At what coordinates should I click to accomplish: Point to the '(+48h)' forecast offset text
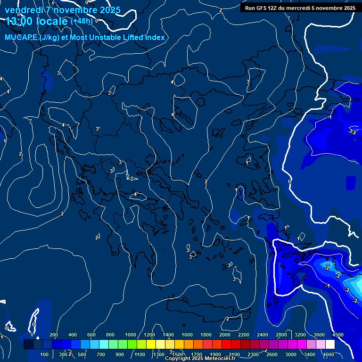point(81,21)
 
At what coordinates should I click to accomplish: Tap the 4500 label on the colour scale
point(337,335)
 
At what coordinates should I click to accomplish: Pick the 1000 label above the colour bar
point(130,335)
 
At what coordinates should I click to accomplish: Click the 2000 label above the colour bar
point(225,335)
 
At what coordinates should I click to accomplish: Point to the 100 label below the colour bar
point(44,354)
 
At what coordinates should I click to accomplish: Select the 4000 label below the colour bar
point(329,354)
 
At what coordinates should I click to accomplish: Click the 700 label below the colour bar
point(101,354)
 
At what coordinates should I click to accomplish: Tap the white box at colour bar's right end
point(330,345)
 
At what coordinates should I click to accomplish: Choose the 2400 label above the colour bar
point(263,335)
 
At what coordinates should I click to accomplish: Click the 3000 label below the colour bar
point(291,354)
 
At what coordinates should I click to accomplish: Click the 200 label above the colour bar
point(54,335)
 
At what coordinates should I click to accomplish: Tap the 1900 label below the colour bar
point(215,354)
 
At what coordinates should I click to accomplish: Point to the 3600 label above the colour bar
point(319,335)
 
